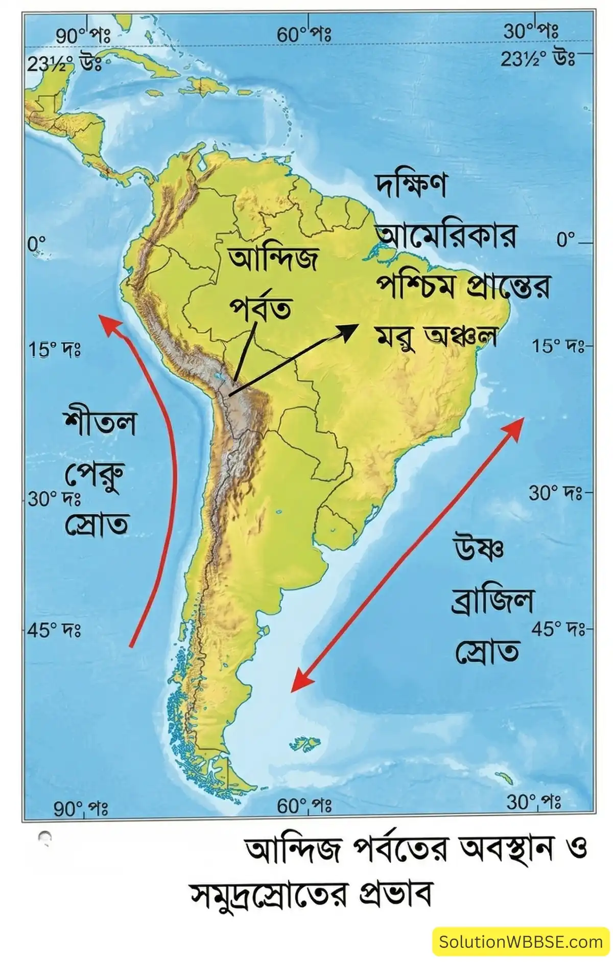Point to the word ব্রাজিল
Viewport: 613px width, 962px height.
click(492, 601)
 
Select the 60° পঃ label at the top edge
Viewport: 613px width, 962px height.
click(304, 35)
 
